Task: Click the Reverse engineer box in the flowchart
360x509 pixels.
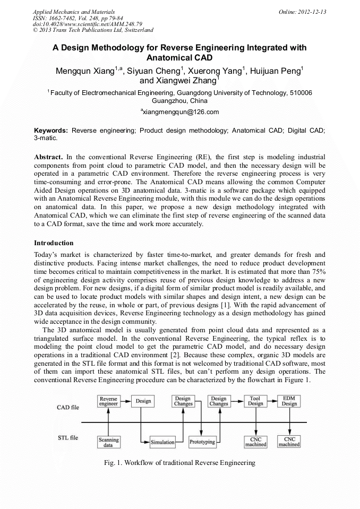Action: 108,401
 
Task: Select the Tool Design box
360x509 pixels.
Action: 255,401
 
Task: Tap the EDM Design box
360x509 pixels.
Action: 289,401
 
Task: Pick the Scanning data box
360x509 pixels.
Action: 108,442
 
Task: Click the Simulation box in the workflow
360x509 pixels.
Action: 162,442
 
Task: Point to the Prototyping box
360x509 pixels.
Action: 202,442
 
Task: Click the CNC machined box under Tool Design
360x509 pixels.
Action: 255,442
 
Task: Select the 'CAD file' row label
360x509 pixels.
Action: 68,407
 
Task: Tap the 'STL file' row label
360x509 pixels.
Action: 68,438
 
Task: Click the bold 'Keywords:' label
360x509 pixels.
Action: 51,130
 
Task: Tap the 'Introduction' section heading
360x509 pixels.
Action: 54,243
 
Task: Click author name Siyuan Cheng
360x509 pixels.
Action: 155,71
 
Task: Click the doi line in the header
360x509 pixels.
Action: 80,24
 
